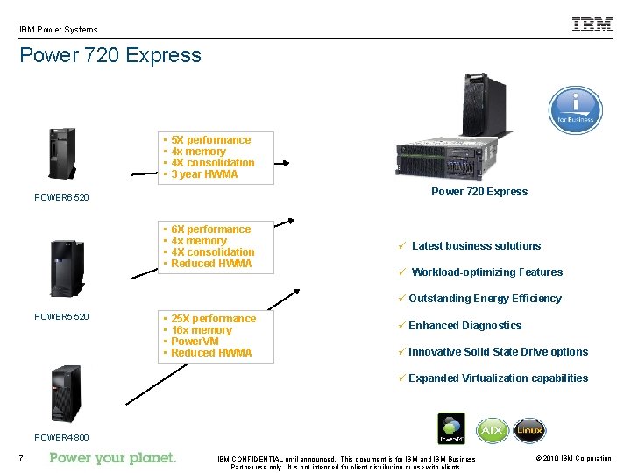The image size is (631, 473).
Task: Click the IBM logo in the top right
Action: (592, 25)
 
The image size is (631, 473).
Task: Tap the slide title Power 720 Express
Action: (110, 55)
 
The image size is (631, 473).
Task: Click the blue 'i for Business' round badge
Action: (575, 111)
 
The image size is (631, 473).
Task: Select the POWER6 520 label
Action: (61, 198)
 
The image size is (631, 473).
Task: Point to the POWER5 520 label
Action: (61, 316)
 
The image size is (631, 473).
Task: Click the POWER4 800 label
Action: (61, 437)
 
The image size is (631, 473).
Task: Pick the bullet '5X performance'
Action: (210, 140)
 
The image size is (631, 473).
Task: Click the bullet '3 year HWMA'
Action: (204, 174)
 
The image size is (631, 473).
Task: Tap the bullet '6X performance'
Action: (210, 229)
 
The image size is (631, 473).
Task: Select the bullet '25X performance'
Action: (213, 319)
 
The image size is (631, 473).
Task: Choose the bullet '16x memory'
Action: (202, 330)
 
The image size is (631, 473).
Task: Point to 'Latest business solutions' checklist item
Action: (476, 246)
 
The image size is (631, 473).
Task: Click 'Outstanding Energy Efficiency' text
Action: (485, 299)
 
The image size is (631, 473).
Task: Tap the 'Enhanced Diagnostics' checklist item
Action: (464, 326)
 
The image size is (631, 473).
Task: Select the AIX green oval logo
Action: (492, 430)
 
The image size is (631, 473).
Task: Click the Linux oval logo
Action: (529, 430)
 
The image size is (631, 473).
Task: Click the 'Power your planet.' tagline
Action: (113, 457)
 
